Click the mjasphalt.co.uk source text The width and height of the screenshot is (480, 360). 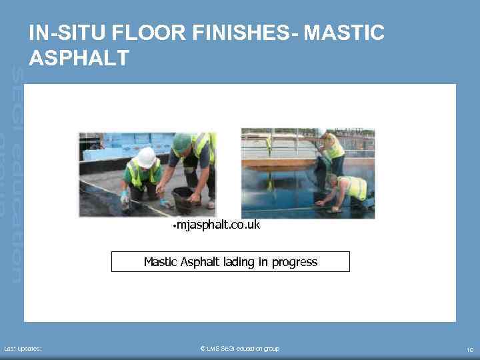coord(218,225)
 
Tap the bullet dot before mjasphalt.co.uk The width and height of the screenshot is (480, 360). coord(173,226)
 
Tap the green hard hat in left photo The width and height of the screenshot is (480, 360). coord(181,141)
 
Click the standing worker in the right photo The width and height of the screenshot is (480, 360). coord(331,150)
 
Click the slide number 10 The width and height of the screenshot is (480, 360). coord(469,349)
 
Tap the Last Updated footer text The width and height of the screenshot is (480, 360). coord(23,349)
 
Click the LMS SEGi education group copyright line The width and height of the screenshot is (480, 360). coord(240,349)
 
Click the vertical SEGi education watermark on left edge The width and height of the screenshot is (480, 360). coord(18,173)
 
